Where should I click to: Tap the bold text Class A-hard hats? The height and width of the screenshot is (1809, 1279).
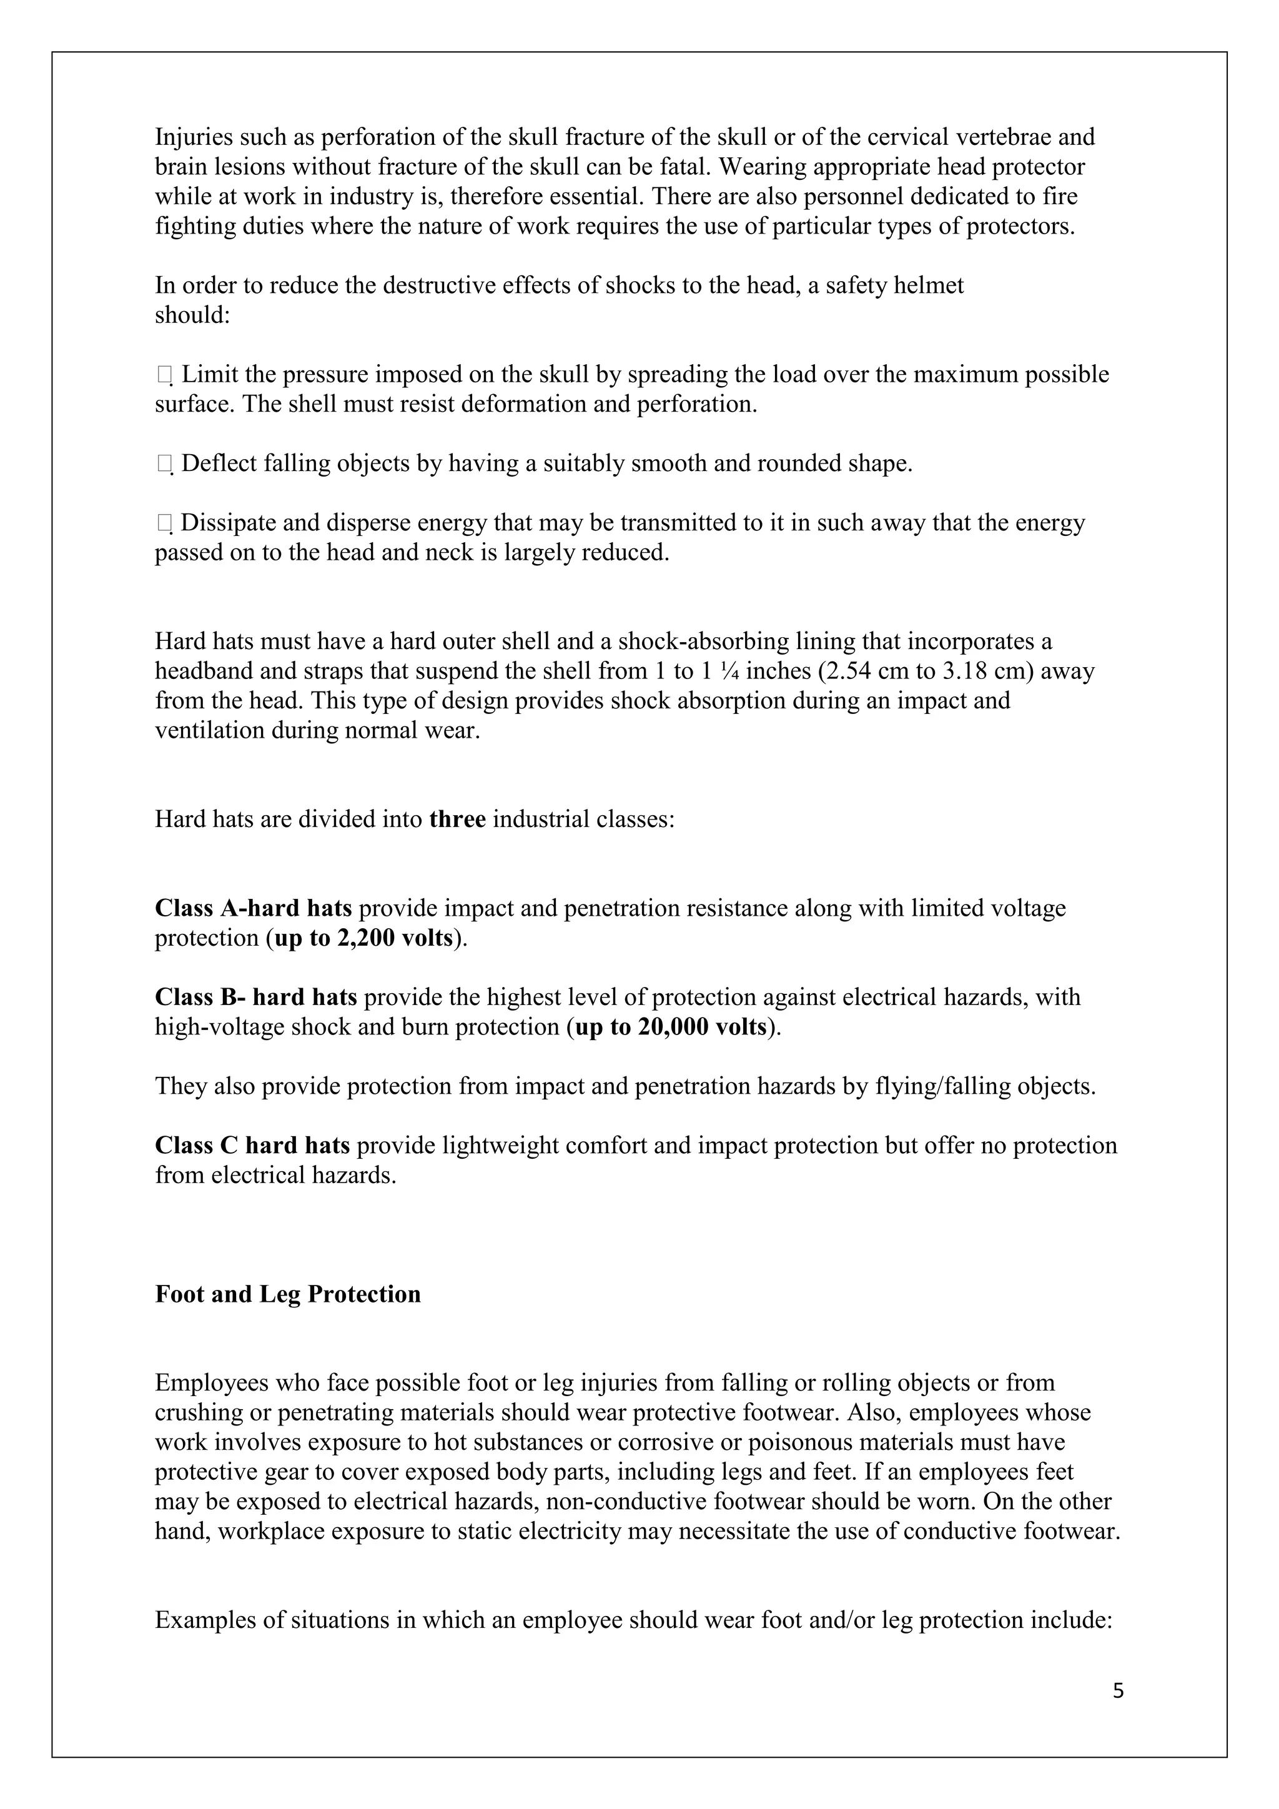point(253,908)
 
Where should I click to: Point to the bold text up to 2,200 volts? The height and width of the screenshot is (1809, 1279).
point(364,938)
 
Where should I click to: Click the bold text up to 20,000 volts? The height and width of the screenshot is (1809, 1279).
point(671,1028)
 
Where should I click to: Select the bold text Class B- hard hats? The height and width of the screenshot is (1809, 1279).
point(255,998)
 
